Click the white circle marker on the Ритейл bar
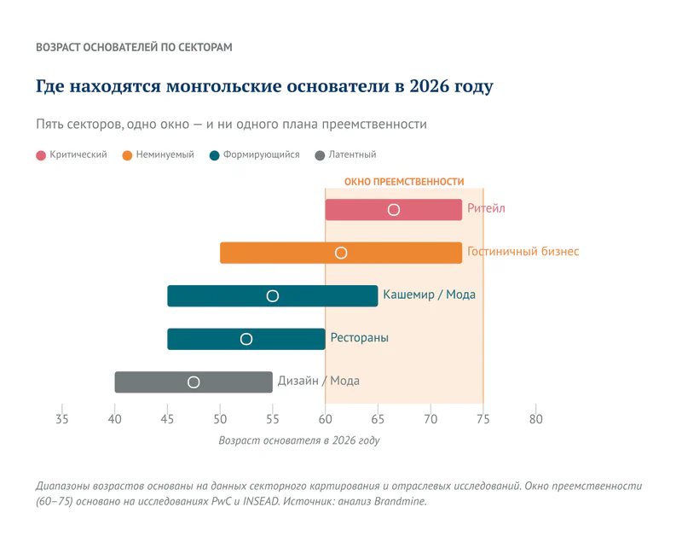[394, 210]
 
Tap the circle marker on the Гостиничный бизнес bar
[341, 253]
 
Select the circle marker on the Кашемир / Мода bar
[273, 296]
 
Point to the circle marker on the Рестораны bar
[246, 339]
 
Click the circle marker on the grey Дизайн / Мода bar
[194, 382]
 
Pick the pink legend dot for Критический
[41, 155]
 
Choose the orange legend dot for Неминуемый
[127, 155]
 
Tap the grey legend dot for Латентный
[320, 155]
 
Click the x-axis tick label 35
[62, 419]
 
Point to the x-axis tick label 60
[325, 419]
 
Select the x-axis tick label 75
[483, 419]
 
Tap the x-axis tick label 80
[535, 419]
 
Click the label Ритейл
[486, 209]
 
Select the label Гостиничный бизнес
[523, 252]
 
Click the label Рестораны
[359, 338]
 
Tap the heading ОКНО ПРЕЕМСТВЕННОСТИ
[404, 182]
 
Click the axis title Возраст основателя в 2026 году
[298, 441]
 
